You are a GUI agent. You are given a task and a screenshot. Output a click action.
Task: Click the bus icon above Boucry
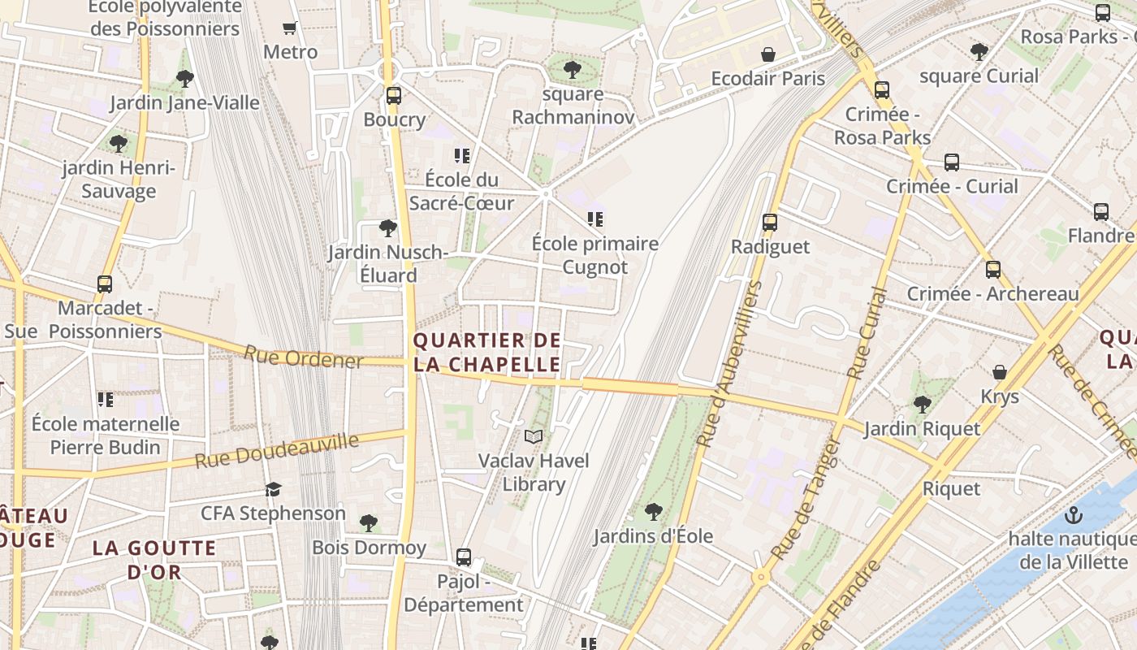tap(394, 96)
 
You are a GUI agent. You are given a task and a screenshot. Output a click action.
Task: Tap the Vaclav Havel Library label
tap(533, 472)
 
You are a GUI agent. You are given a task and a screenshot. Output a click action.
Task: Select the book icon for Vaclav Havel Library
tap(533, 437)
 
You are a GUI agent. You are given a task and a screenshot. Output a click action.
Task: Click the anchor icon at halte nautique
tap(1074, 515)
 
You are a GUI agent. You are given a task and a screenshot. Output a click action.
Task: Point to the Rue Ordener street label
tap(303, 357)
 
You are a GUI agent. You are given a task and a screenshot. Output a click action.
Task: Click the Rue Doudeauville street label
tap(276, 452)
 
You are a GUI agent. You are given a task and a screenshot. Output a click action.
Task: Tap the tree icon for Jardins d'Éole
tap(653, 512)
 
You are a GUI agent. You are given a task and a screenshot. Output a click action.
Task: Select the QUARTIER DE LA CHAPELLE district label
tap(486, 353)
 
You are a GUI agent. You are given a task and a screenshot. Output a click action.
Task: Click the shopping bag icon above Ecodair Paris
tap(767, 55)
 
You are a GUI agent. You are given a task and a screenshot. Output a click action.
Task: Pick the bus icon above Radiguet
tap(769, 222)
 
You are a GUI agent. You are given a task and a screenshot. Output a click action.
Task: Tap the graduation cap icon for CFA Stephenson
tap(273, 489)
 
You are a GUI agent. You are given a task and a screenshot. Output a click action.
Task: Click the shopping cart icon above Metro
tap(290, 28)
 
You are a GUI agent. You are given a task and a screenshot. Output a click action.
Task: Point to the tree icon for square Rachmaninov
tap(573, 70)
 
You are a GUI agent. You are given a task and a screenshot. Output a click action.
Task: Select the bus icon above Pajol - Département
tap(463, 557)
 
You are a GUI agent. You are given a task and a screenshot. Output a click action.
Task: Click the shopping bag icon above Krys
tap(999, 372)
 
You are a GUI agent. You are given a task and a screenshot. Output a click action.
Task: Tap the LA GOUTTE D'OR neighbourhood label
tap(154, 560)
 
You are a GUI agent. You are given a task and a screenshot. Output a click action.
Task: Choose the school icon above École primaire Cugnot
tap(595, 219)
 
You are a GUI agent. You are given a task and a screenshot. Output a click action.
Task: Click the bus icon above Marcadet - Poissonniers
tap(105, 284)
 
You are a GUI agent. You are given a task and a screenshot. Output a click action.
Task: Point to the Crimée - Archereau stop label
tap(992, 293)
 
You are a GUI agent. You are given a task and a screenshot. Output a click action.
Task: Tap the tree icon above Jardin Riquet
tap(922, 404)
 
